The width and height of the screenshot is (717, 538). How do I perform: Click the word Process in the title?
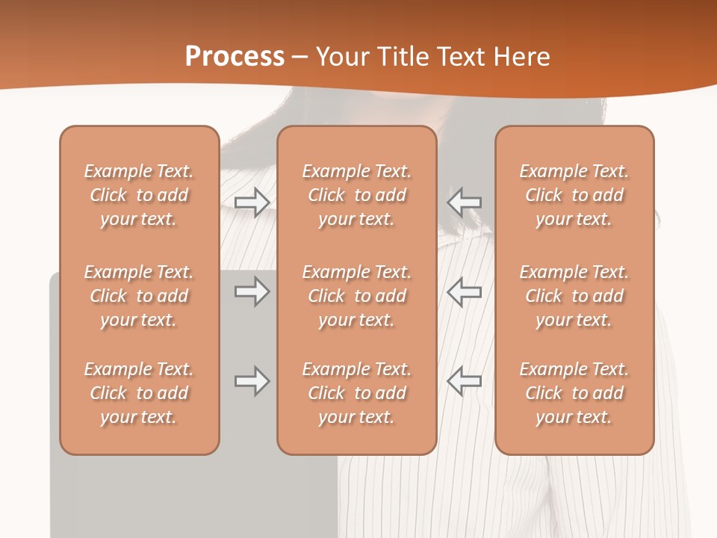coord(235,57)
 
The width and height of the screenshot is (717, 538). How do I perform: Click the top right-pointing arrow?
coord(252,202)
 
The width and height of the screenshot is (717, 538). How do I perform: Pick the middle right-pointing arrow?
coord(252,291)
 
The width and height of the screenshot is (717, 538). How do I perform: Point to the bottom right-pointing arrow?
coord(252,381)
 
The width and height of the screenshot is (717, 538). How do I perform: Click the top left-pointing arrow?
coord(464,202)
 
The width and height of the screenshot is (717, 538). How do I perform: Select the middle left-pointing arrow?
coord(464,291)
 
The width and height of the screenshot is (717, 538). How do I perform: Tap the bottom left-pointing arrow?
coord(464,381)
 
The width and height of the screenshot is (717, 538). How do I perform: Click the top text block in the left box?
coord(139,195)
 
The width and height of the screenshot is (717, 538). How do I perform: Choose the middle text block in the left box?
coord(139,296)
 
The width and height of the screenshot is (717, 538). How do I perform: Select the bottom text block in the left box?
coord(139,393)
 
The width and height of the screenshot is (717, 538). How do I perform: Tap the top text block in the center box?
coord(356,195)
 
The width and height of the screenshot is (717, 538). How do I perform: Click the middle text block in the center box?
coord(356,296)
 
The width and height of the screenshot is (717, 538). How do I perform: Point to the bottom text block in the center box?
coord(356,393)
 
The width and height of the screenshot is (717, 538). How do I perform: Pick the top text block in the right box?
coord(574,195)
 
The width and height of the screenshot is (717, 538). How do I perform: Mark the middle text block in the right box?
coord(574,296)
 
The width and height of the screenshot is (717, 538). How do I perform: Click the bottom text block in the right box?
coord(574,393)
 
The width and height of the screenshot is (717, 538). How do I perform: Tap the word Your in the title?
coord(341,57)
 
